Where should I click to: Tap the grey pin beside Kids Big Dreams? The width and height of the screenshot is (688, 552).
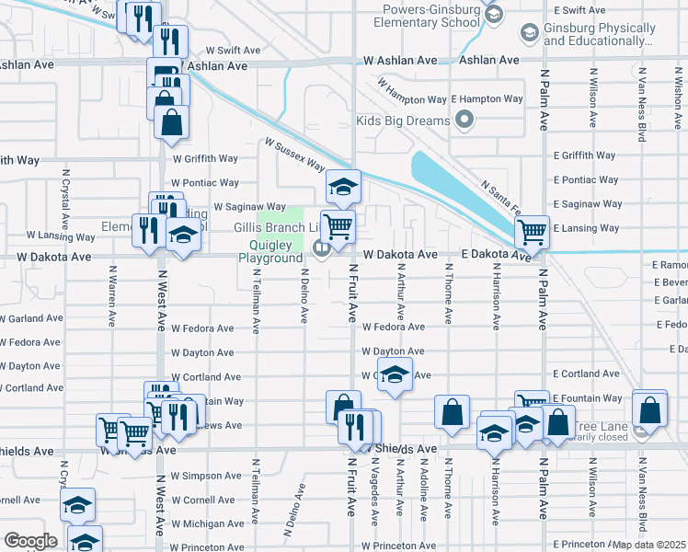pos(464,120)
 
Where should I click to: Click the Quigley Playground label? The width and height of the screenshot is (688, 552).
pos(270,252)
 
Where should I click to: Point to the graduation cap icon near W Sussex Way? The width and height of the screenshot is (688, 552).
pos(343,188)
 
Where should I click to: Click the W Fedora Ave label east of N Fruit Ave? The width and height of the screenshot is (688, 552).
pos(394,327)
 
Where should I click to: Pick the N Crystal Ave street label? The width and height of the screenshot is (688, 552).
pos(65,199)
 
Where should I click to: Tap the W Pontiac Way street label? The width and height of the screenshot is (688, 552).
pos(204,183)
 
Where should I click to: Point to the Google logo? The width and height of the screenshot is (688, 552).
pos(30,541)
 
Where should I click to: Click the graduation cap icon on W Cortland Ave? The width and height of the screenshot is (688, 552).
pos(395,376)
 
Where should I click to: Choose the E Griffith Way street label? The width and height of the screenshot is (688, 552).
pos(586,155)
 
